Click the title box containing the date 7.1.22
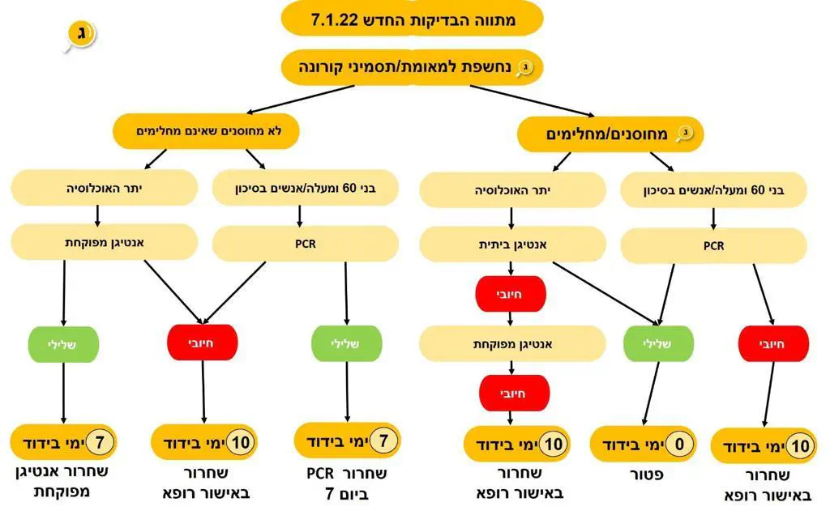tap(413, 19)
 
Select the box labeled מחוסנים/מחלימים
tap(610, 134)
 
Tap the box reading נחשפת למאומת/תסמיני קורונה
tap(413, 67)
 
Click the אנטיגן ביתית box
tap(511, 243)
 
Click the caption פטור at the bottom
tap(653, 475)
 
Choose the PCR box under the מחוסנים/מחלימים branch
tap(713, 245)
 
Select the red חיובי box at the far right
tap(773, 343)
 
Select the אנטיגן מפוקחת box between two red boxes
tap(511, 343)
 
